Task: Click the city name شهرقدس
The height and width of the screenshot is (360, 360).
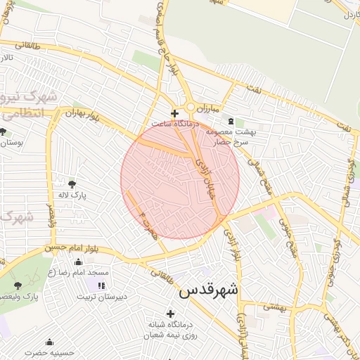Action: click(x=209, y=290)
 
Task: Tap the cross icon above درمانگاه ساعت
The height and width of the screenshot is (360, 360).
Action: click(x=174, y=112)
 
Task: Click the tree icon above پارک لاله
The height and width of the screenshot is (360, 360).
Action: click(x=72, y=184)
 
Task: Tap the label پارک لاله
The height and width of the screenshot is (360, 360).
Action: click(x=71, y=196)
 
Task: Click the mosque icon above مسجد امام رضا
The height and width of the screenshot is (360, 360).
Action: click(x=77, y=262)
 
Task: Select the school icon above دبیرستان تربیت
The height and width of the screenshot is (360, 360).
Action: click(x=101, y=285)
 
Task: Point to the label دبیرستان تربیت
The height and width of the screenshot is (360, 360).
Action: click(x=102, y=297)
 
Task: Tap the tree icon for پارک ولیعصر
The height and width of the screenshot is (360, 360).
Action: click(x=18, y=285)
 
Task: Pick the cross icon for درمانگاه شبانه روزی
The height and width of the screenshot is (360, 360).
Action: click(x=169, y=313)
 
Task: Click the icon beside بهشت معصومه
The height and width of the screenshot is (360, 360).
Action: click(x=230, y=121)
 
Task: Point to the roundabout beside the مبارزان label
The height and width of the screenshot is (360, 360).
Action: click(x=191, y=108)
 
